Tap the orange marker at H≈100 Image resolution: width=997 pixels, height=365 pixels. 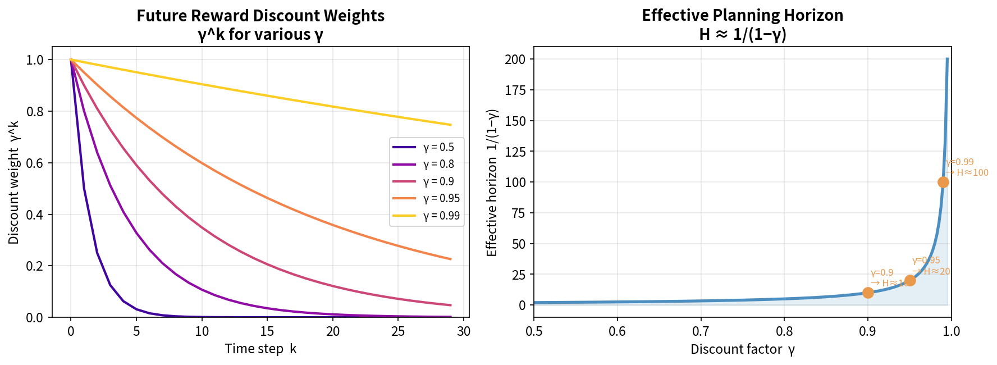click(x=943, y=182)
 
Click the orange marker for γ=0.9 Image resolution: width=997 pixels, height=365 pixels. click(x=868, y=293)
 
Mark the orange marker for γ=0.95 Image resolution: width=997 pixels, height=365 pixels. click(x=910, y=280)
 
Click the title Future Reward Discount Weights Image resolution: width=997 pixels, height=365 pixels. click(x=260, y=16)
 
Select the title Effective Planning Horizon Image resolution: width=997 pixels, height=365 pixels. click(x=742, y=15)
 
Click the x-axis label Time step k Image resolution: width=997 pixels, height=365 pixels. click(x=260, y=349)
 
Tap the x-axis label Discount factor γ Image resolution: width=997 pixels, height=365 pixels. click(x=742, y=349)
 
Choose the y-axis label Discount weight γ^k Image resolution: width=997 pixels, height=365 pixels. click(x=14, y=182)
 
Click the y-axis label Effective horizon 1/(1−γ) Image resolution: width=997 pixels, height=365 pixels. click(x=492, y=182)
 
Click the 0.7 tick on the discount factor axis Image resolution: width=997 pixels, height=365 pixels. click(x=701, y=331)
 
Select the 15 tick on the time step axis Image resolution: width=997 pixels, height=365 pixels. click(x=267, y=331)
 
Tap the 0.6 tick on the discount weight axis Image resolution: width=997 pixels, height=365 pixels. click(x=35, y=163)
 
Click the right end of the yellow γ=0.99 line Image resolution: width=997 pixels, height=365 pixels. click(x=451, y=125)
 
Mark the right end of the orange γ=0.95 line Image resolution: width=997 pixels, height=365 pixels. click(x=451, y=259)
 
